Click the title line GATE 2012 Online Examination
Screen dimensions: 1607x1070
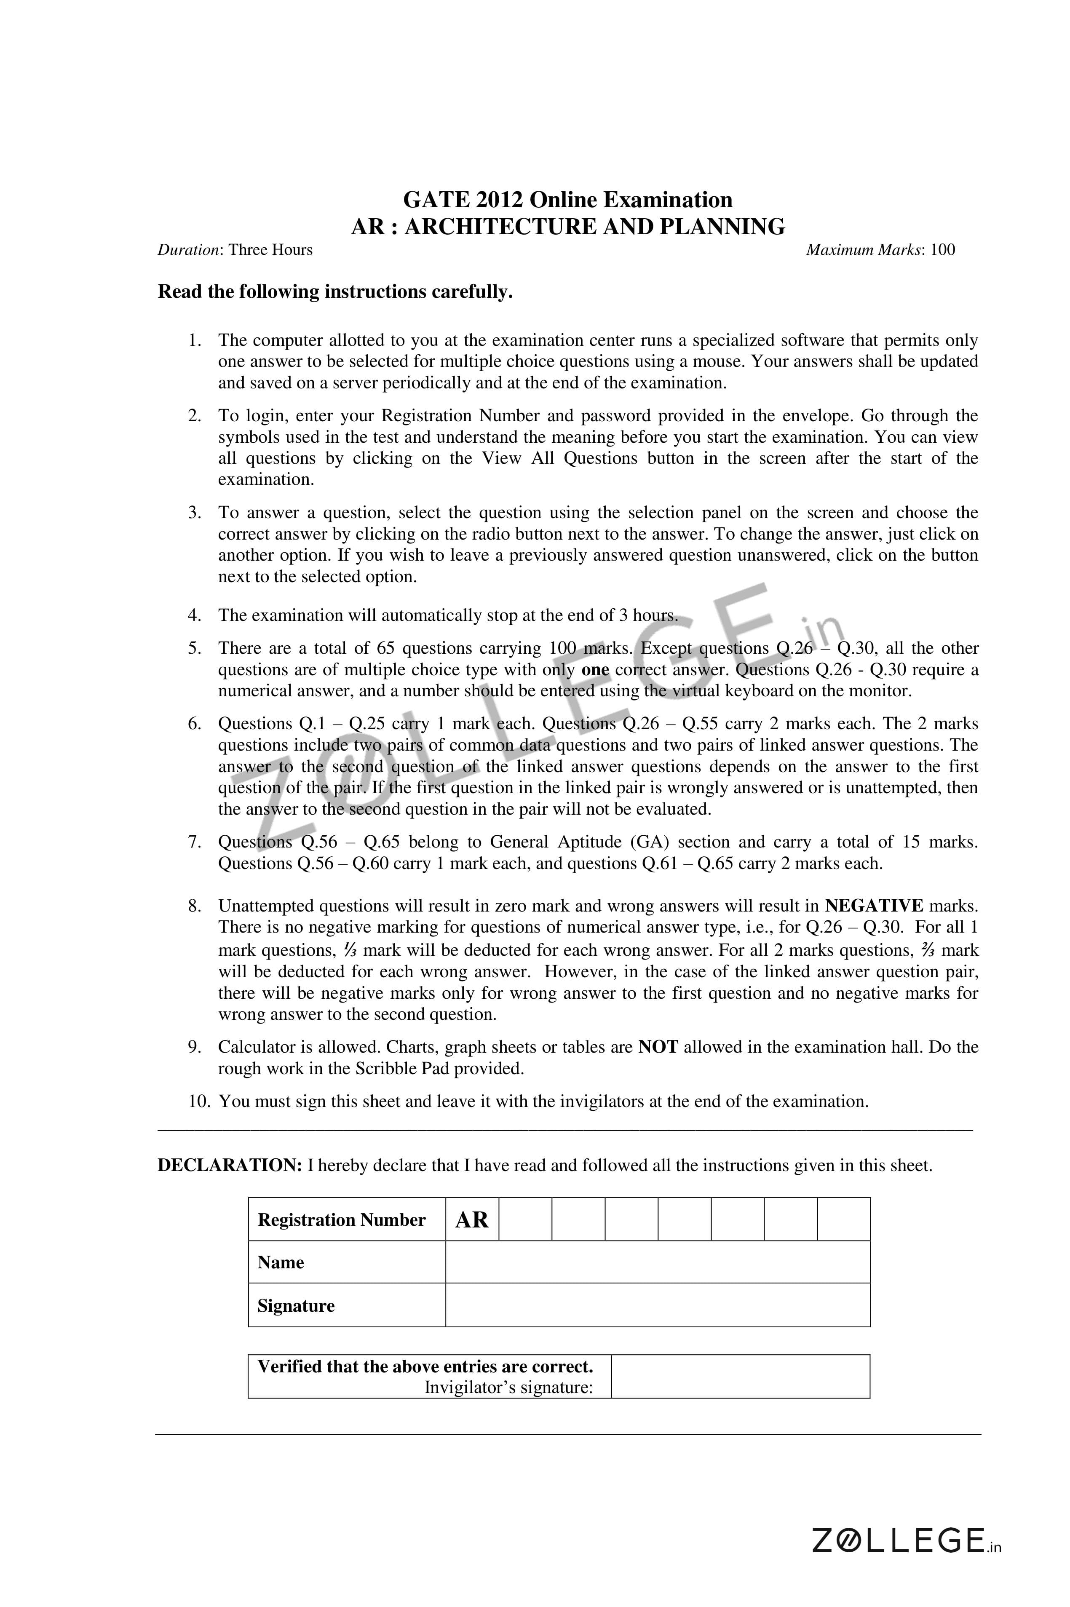coord(568,200)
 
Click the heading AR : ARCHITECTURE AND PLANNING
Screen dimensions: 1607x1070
coord(568,227)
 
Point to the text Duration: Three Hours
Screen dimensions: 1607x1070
coord(235,250)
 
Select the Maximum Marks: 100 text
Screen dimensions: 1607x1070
coord(880,250)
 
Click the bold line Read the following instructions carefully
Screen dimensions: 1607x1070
coord(335,292)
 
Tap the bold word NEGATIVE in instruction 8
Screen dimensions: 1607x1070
coord(874,906)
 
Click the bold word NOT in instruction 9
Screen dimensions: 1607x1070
coord(658,1047)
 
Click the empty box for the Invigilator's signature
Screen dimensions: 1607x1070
coord(741,1376)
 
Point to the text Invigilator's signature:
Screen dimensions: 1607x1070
coord(508,1387)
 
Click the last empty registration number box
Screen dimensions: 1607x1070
coord(843,1219)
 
